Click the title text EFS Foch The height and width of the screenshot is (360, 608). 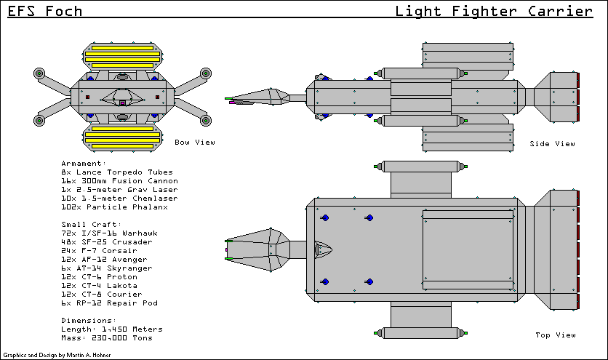coord(45,11)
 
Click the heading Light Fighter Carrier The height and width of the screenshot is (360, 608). coord(493,11)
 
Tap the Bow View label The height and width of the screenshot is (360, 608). coord(194,143)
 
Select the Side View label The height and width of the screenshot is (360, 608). coord(553,143)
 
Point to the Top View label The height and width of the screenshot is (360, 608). coord(555,335)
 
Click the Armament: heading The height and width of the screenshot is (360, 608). coord(84,164)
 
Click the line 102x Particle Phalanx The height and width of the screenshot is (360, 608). coord(115,207)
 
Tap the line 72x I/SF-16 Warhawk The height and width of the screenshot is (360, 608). coord(115,233)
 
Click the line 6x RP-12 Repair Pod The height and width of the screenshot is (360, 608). coord(109,303)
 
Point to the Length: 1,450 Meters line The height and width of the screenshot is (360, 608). coord(112,329)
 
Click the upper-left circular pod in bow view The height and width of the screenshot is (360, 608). coord(40,73)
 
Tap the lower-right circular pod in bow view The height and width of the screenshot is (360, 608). coord(205,120)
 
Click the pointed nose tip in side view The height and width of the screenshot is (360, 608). coord(228,98)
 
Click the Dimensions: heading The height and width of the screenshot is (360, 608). coord(88,321)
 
